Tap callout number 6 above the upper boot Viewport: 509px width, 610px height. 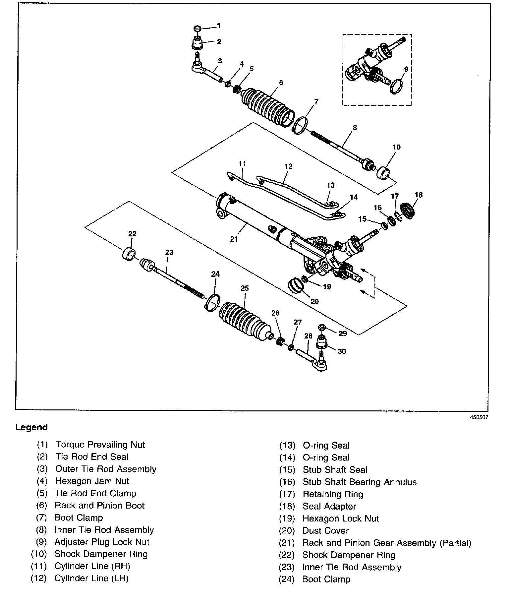pyautogui.click(x=281, y=83)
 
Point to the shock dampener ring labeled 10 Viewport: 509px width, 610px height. pyautogui.click(x=384, y=173)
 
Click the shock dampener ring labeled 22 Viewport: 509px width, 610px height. pyautogui.click(x=129, y=254)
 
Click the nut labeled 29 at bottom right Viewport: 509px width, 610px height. pyautogui.click(x=322, y=328)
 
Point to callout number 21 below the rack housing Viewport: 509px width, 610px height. pyautogui.click(x=234, y=239)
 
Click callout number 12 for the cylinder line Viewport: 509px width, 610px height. pyautogui.click(x=288, y=166)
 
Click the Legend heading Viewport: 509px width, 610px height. pyautogui.click(x=31, y=427)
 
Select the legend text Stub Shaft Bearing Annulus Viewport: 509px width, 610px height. pyautogui.click(x=360, y=482)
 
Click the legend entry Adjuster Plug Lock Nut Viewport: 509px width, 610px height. pyautogui.click(x=102, y=542)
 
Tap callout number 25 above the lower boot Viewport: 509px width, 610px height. pyautogui.click(x=245, y=288)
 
